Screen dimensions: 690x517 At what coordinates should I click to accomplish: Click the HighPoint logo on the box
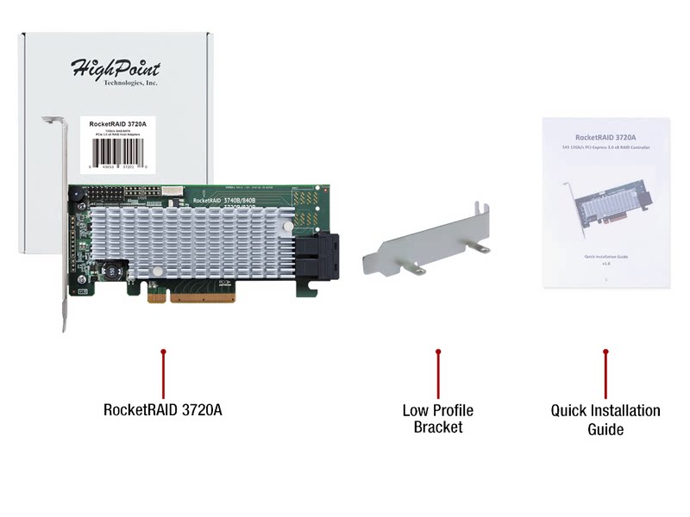coord(115,67)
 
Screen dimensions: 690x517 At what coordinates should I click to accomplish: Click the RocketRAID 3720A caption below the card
coord(162,410)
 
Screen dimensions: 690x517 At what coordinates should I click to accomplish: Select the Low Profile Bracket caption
coord(437,419)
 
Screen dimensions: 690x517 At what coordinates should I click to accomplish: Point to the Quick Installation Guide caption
coord(605,420)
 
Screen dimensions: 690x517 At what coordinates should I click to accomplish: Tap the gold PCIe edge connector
coord(191,296)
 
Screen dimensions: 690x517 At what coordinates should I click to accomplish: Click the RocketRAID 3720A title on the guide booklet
coord(605,137)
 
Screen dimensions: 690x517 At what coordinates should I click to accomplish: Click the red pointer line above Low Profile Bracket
coord(438,372)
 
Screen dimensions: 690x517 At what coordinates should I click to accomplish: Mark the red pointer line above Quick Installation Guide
coord(605,372)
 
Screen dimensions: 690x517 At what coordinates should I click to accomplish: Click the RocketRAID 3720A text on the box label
coord(118,124)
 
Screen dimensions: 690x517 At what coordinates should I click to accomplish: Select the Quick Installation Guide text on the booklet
coord(605,258)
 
